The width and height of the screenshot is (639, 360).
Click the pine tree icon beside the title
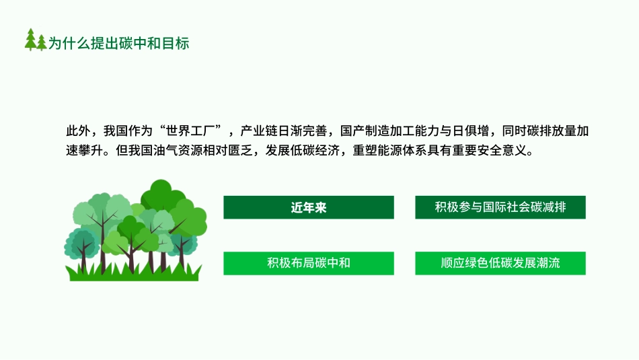click(36, 40)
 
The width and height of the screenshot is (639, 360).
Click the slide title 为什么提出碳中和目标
click(119, 43)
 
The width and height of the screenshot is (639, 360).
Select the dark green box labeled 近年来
click(309, 207)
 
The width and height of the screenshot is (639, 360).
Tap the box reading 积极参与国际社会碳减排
click(500, 207)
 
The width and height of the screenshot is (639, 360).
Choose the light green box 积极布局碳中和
click(309, 263)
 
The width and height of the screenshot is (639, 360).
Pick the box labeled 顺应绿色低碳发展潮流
click(500, 263)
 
